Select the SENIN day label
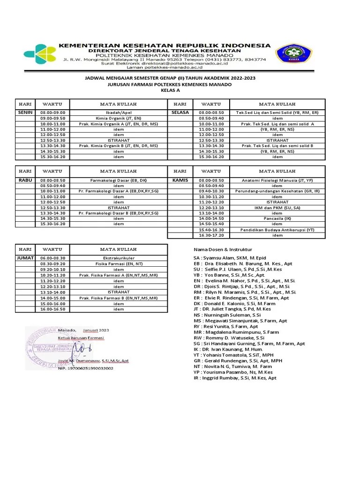[25, 113]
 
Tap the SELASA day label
[180, 113]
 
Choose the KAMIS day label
[180, 180]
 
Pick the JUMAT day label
[26, 258]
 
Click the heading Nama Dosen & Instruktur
[223, 249]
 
